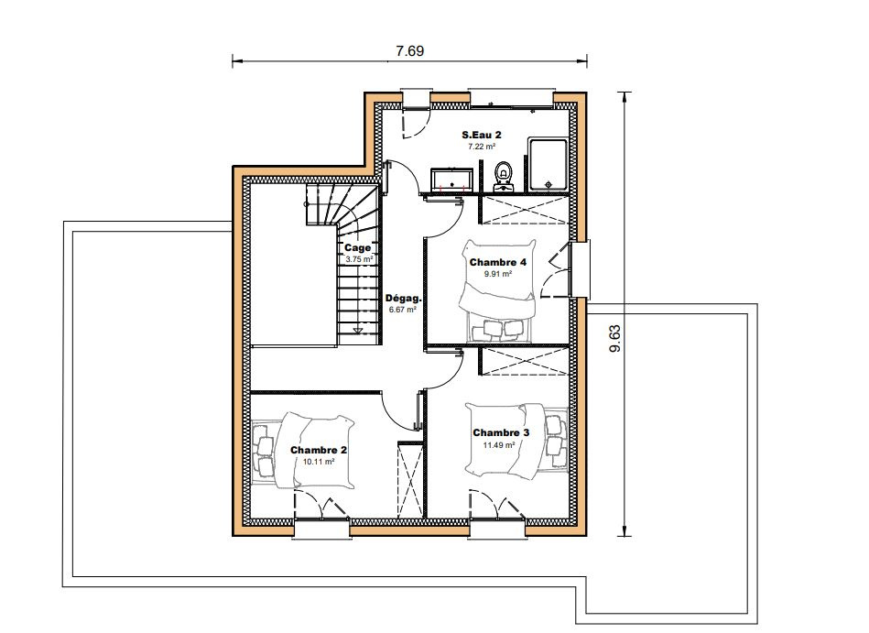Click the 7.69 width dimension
point(409,51)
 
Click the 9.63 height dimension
point(615,339)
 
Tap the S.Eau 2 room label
point(482,134)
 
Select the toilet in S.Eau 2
point(504,175)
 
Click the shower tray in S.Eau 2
point(549,165)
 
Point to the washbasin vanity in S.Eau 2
point(451,179)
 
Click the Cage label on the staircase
point(357,247)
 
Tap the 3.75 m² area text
point(359,259)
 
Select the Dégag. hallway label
point(404,299)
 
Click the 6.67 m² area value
point(402,310)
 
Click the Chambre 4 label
point(497,262)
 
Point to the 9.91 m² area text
point(497,274)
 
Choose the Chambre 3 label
point(501,432)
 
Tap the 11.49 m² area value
point(499,444)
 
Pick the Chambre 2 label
point(319,450)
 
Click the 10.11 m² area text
point(319,461)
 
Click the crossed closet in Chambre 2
point(410,480)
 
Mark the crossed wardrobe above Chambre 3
point(525,361)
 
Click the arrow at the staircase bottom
point(358,331)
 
